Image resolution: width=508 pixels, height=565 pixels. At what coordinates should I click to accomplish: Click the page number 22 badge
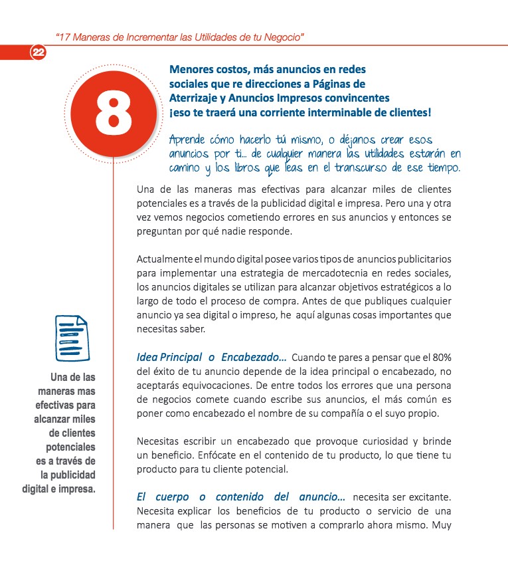[38, 53]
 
